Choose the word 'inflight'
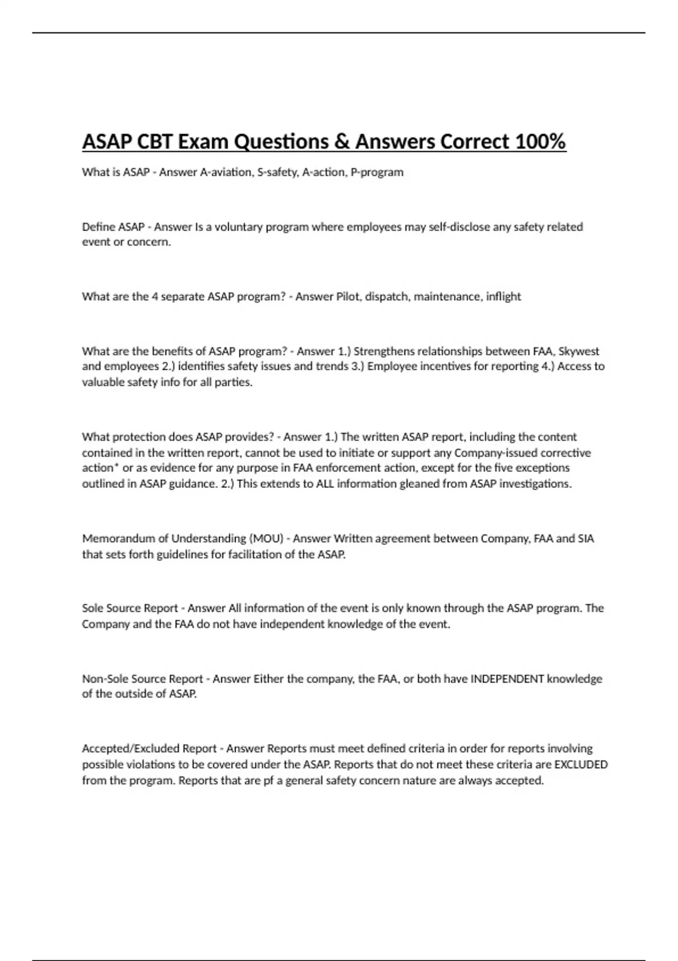click(x=503, y=297)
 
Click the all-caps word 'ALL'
click(x=325, y=484)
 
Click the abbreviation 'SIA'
click(x=586, y=539)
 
